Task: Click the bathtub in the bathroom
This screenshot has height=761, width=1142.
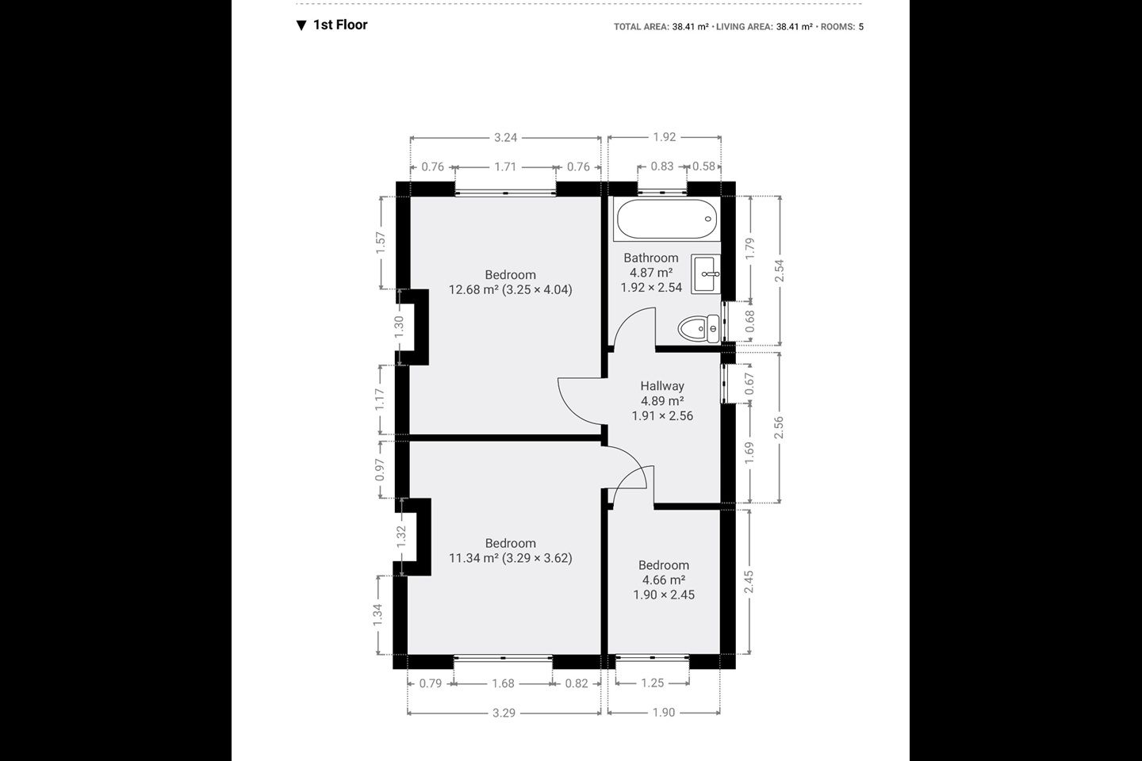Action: (x=667, y=219)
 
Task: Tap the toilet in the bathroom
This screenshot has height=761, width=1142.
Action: (x=699, y=329)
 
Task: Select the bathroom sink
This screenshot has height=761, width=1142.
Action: (x=706, y=274)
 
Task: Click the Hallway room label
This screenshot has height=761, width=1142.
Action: (x=662, y=386)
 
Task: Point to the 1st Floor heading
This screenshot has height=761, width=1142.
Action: (x=340, y=25)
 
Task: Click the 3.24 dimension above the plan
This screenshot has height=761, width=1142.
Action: (x=505, y=137)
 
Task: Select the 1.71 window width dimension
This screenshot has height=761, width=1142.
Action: (x=505, y=166)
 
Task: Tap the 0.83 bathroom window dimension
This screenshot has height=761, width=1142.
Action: (x=661, y=166)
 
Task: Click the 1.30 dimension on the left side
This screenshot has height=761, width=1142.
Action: (x=399, y=327)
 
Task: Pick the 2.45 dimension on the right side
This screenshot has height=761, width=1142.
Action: (x=749, y=582)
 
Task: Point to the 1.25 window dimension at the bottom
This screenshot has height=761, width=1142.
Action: (x=652, y=683)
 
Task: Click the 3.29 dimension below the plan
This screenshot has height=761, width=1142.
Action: (x=504, y=713)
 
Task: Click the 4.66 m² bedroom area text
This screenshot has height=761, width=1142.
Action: (x=663, y=580)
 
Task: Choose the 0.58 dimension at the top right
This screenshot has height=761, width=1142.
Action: (x=703, y=166)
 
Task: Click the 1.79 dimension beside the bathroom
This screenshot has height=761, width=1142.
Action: (x=749, y=249)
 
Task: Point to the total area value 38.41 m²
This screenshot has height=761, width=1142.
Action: (x=690, y=26)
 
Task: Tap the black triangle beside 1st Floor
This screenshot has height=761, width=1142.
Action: (x=301, y=25)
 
